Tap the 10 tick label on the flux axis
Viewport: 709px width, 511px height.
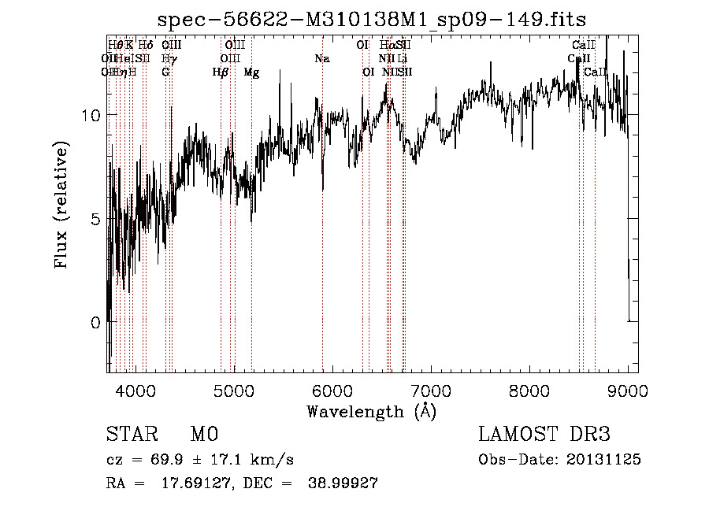point(91,115)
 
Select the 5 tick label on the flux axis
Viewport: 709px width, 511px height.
point(95,219)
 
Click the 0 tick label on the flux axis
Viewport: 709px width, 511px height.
point(95,323)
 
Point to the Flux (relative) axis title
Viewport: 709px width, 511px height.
point(61,204)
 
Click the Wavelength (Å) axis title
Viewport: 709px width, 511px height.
point(371,411)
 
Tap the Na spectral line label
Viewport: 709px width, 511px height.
point(321,58)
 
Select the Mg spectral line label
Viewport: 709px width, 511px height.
point(251,72)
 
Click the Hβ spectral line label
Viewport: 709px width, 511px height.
point(221,72)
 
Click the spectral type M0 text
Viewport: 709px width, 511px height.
point(204,435)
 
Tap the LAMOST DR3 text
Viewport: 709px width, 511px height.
point(544,435)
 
